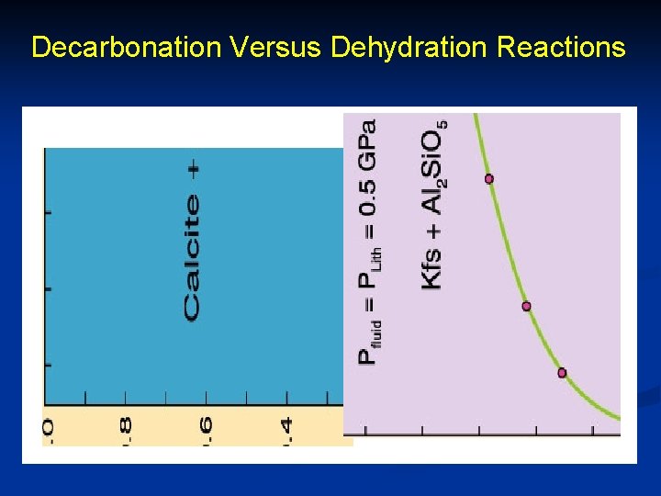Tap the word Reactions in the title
[x=562, y=48]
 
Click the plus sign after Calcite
[x=194, y=169]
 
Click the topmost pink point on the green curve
[x=488, y=178]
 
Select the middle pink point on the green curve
[x=526, y=306]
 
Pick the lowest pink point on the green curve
[x=562, y=373]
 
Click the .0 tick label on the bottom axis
[x=48, y=430]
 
